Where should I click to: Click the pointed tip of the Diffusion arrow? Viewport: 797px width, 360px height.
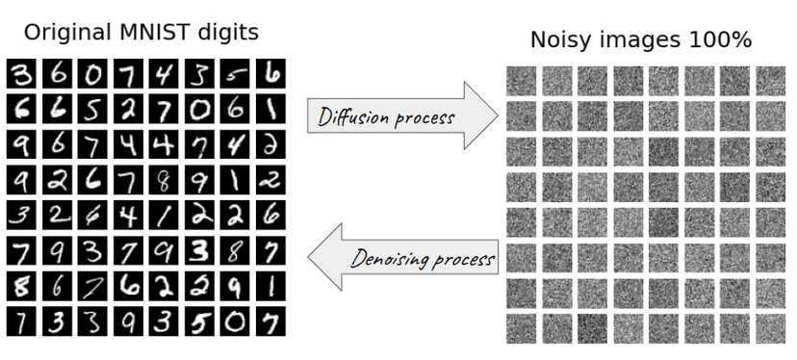pyautogui.click(x=497, y=116)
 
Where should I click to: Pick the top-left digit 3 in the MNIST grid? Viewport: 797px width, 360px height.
pyautogui.click(x=22, y=73)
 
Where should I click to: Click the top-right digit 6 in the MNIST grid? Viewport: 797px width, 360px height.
pyautogui.click(x=271, y=73)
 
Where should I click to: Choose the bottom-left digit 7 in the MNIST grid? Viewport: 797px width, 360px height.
pyautogui.click(x=22, y=321)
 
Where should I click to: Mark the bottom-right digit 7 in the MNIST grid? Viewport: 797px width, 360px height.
pyautogui.click(x=271, y=321)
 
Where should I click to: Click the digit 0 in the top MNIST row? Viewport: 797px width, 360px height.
pyautogui.click(x=93, y=73)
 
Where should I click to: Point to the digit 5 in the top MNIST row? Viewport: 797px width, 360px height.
pyautogui.click(x=236, y=73)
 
